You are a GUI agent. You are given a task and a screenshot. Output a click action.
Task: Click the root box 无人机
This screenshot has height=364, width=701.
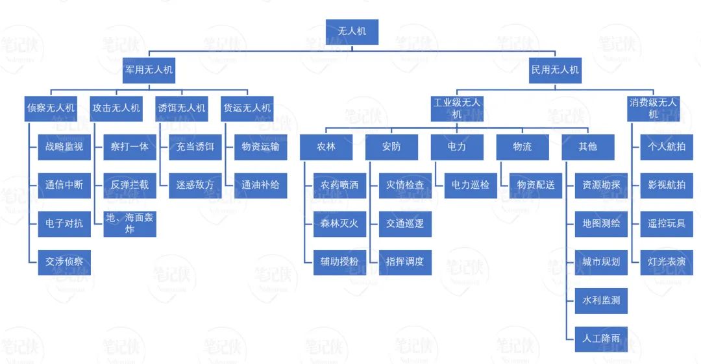350,31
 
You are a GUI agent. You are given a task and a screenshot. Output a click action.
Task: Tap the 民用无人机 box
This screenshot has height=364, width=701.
555,70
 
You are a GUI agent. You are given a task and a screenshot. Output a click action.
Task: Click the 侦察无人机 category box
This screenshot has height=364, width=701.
51,108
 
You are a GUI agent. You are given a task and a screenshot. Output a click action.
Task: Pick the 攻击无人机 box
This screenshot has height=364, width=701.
116,108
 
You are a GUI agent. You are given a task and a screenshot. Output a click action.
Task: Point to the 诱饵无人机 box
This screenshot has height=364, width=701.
182,108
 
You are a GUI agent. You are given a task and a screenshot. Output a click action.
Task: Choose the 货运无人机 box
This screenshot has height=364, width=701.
247,108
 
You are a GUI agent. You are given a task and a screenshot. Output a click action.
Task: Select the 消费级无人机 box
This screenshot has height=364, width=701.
654,108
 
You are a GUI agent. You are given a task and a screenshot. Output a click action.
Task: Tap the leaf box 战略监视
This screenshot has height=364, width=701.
64,147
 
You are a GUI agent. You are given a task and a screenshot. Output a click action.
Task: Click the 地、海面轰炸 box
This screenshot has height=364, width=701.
130,224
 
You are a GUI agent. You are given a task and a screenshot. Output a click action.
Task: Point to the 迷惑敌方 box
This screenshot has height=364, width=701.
195,185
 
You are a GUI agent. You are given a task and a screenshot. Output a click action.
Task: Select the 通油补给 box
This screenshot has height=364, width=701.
260,185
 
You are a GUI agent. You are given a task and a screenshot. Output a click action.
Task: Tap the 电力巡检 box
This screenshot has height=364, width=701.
471,185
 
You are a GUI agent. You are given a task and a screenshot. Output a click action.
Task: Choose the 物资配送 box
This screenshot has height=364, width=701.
536,185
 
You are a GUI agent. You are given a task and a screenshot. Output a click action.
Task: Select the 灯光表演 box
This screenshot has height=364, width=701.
667,262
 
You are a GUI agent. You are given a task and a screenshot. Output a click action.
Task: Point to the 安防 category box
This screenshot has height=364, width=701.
391,147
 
